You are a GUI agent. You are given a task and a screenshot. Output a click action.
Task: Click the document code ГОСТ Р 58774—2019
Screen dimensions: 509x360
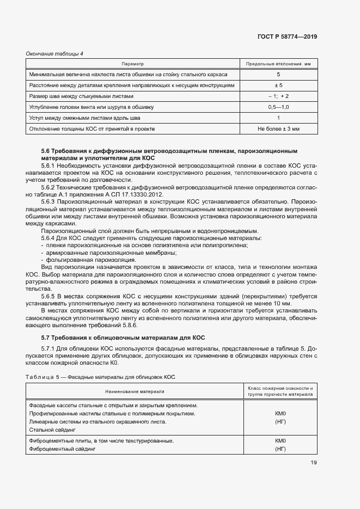point(287,37)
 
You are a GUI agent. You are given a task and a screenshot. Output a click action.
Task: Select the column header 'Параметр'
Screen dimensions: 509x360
point(132,64)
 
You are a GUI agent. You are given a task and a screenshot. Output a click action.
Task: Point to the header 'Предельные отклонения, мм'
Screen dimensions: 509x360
point(278,64)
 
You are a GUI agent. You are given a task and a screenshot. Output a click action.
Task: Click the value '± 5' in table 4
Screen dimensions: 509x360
point(278,85)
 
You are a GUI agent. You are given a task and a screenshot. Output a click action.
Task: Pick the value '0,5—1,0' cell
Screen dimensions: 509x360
point(278,107)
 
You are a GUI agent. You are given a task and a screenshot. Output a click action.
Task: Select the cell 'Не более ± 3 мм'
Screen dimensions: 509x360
point(278,129)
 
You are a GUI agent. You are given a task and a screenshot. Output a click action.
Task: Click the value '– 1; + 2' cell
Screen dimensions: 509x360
point(278,96)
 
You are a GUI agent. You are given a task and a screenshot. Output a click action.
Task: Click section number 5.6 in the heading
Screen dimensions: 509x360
point(46,150)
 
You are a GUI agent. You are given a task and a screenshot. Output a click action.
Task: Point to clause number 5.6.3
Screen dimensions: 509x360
point(51,201)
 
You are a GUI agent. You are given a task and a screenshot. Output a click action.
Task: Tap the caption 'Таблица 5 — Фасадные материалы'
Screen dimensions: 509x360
point(100,377)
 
